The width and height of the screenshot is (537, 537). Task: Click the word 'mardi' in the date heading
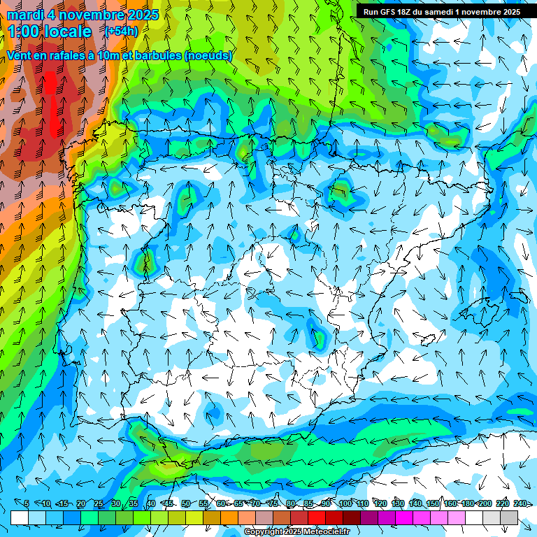24,15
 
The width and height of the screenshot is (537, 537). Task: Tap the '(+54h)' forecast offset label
121,31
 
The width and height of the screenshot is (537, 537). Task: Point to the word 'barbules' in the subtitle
154,55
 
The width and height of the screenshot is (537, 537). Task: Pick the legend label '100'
345,503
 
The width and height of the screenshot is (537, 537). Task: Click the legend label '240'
520,503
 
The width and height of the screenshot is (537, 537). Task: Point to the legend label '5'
27,503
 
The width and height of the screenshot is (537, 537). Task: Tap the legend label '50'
185,503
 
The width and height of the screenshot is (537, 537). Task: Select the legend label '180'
468,503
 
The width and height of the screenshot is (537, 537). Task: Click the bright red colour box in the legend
317,517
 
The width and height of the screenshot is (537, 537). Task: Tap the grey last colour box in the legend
509,517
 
